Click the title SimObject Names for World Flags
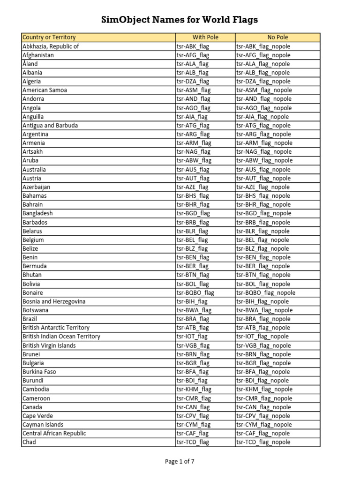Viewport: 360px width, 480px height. click(180, 20)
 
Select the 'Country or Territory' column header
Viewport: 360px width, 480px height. click(49, 37)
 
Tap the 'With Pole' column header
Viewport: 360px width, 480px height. click(205, 37)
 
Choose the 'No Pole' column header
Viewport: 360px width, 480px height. click(277, 37)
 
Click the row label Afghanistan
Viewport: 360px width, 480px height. click(38, 55)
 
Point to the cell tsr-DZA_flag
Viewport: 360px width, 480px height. click(193, 81)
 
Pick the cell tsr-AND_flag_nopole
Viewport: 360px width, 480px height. click(264, 99)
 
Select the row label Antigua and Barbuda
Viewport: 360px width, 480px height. click(50, 125)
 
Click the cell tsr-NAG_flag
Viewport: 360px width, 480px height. click(193, 152)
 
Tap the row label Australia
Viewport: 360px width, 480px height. click(34, 169)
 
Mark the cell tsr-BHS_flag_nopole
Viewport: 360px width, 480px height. click(263, 196)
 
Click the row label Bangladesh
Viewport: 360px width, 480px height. click(37, 213)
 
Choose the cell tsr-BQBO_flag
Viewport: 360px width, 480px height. click(195, 292)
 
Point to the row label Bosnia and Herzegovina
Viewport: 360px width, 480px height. click(54, 301)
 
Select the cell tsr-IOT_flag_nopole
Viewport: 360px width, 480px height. click(262, 337)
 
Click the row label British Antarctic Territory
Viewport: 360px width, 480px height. click(56, 328)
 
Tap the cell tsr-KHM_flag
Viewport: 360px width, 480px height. click(194, 390)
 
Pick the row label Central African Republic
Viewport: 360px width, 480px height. click(54, 434)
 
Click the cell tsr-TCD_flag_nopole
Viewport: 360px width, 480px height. click(263, 442)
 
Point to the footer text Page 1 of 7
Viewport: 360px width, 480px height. click(180, 462)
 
